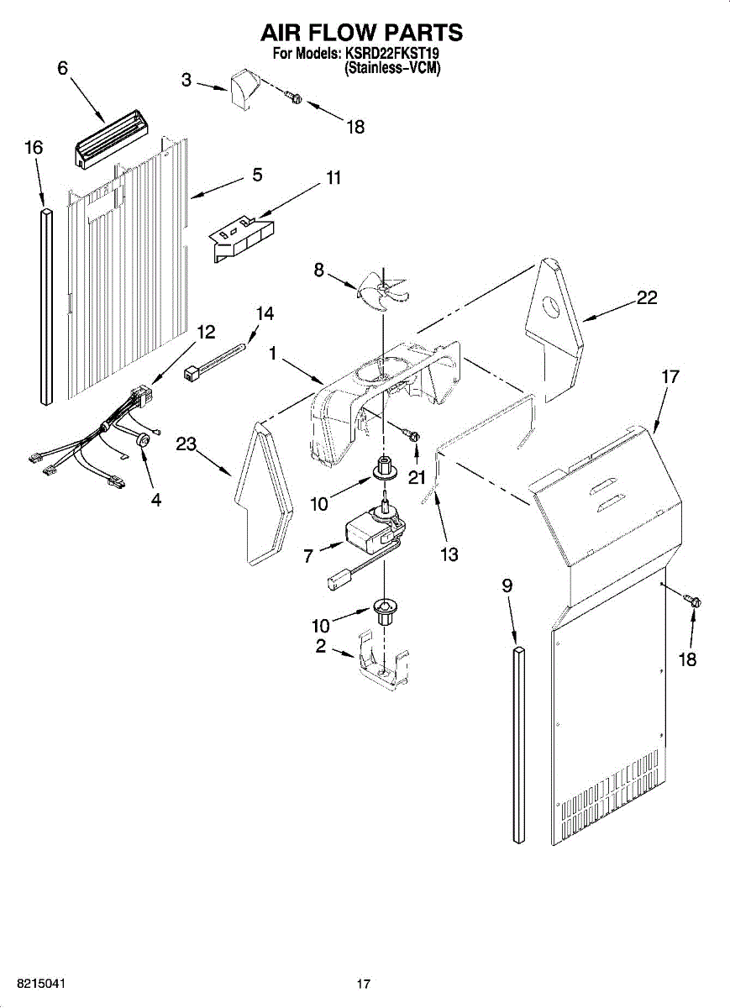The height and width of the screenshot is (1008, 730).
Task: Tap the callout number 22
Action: [646, 297]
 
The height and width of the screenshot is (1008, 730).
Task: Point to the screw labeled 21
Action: [412, 435]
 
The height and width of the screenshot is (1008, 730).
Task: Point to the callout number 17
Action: [670, 377]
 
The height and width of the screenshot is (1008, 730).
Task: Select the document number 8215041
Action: [38, 984]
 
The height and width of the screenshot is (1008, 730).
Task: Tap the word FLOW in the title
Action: [347, 33]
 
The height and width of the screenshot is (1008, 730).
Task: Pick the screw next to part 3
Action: [294, 97]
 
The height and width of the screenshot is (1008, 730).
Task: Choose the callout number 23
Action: [186, 444]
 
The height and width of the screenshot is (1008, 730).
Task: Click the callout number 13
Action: [449, 554]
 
